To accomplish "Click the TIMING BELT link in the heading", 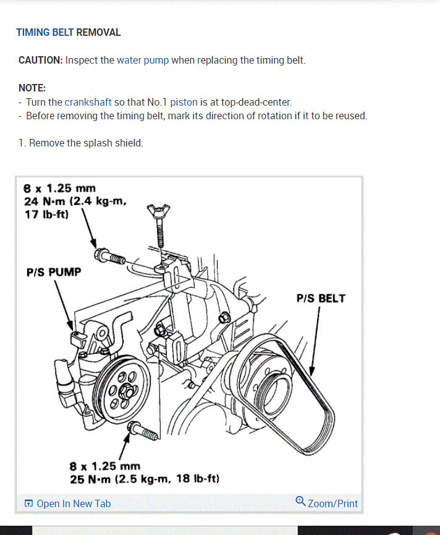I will point(44,32).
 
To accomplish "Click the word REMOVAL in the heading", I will point(98,32).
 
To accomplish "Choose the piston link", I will point(184,102).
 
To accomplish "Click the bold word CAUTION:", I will point(41,61).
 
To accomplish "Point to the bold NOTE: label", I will point(32,88).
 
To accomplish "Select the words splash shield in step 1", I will point(116,143).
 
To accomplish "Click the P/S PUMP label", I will point(54,272).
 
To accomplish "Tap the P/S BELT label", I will point(321,298).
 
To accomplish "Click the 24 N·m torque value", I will point(45,201).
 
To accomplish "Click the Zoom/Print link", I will point(332,503).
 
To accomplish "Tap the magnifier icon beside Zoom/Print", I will point(300,501).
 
